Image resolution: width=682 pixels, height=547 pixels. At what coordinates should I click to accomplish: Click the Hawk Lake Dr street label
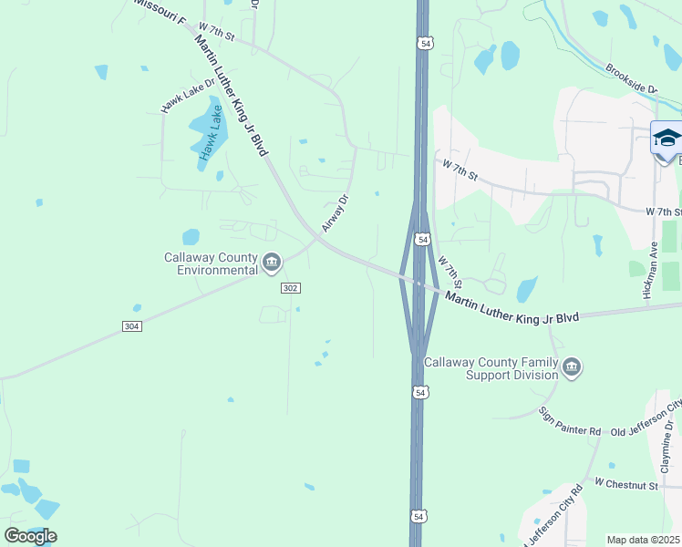188,95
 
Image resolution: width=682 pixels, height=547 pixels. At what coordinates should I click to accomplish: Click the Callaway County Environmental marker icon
272,263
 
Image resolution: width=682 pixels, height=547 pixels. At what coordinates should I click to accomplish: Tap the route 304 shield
131,325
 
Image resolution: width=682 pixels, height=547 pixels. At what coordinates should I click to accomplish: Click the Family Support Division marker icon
572,368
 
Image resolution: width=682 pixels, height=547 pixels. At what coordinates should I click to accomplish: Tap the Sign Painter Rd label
569,421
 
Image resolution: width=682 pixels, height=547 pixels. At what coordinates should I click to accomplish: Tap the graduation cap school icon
666,139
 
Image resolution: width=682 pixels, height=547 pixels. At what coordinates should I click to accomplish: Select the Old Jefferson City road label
646,418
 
